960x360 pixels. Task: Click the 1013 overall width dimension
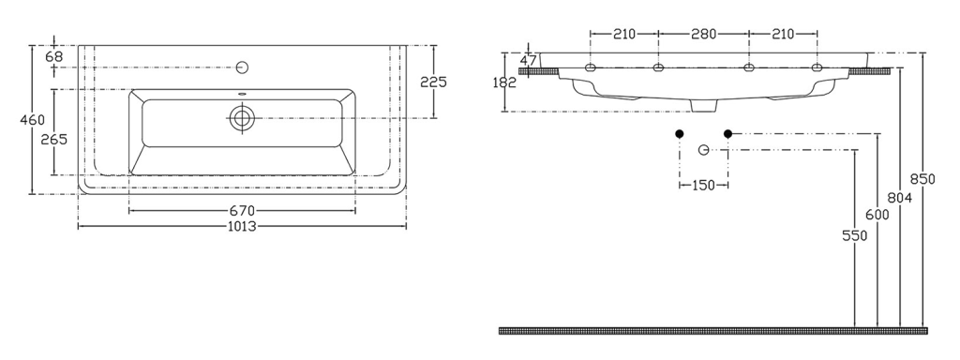click(242, 227)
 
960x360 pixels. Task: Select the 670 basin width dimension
click(242, 211)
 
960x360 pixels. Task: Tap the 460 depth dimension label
click(33, 120)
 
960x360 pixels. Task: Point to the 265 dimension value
click(53, 140)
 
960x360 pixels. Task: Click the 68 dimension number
click(53, 57)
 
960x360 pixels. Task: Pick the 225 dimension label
click(433, 82)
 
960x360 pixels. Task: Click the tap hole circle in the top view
click(242, 67)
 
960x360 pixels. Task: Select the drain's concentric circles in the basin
click(242, 118)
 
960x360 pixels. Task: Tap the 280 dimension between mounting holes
click(703, 35)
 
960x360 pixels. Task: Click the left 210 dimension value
click(623, 35)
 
